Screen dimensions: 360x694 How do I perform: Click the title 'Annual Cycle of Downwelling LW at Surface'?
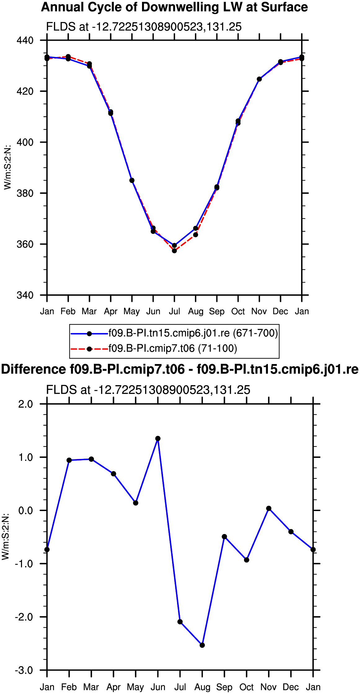click(174, 7)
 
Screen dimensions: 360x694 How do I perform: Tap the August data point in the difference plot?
click(202, 645)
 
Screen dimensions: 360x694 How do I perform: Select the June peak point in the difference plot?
click(158, 438)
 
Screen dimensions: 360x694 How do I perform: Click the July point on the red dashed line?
click(174, 251)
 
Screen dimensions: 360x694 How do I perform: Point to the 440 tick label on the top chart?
click(25, 41)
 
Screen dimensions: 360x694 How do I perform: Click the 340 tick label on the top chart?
click(25, 295)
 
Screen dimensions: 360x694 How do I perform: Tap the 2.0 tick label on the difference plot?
click(26, 404)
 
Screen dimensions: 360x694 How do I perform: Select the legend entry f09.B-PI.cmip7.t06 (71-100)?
click(173, 349)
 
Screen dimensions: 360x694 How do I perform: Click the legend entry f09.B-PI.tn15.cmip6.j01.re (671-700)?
click(193, 333)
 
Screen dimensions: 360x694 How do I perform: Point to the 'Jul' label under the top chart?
click(174, 311)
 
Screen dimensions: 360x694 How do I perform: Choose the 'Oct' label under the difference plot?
click(247, 687)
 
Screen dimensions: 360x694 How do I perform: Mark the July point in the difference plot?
click(180, 622)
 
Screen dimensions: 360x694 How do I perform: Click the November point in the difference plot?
click(269, 508)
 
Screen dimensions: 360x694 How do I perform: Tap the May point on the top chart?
click(132, 180)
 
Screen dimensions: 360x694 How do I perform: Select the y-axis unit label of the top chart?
click(7, 167)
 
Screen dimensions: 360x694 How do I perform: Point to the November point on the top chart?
click(259, 79)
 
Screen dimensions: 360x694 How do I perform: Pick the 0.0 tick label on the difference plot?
click(26, 510)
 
